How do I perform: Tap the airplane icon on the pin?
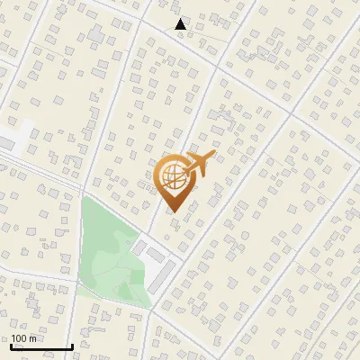196,166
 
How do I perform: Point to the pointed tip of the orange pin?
173,211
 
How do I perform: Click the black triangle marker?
181,24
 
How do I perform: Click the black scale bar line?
41,346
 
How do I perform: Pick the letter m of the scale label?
32,338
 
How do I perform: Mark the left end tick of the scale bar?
11,345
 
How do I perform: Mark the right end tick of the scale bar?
72,345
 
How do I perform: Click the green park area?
108,252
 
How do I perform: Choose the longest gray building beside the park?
162,278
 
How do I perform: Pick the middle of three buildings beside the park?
155,255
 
